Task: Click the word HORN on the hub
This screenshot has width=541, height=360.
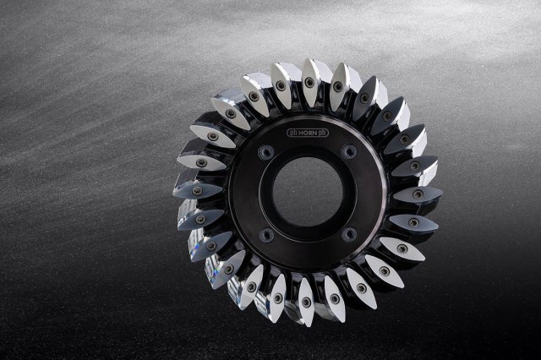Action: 308,133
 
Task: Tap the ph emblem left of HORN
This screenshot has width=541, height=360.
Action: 292,134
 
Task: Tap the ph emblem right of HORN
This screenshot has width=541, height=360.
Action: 324,133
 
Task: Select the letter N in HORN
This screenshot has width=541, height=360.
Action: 316,133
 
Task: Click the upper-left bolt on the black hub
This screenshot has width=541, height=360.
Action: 266,152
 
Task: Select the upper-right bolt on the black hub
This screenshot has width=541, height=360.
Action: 349,151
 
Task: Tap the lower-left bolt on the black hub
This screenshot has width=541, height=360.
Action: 267,235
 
